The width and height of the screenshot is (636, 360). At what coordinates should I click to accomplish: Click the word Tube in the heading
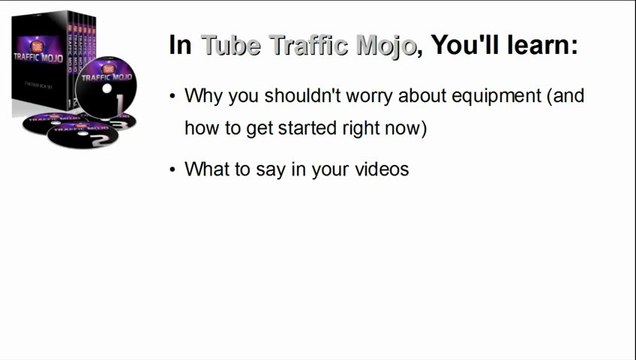(x=229, y=46)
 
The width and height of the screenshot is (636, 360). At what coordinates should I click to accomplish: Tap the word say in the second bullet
(x=268, y=169)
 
